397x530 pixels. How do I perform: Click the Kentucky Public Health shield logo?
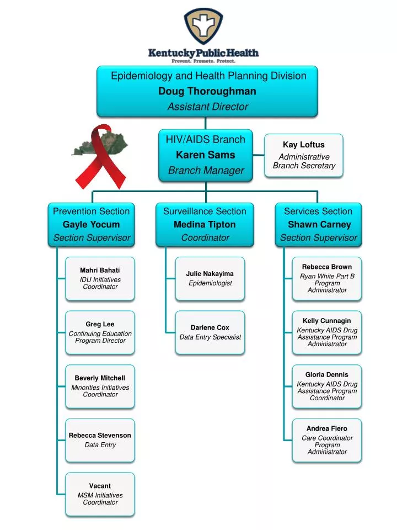(x=203, y=26)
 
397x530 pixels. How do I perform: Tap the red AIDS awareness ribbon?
(x=100, y=156)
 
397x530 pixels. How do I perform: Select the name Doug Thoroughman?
(x=207, y=91)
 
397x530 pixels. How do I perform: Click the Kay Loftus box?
(x=303, y=156)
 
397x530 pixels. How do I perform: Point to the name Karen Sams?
(x=206, y=155)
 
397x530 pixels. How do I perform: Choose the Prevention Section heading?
(x=91, y=211)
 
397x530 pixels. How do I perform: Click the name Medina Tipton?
(x=205, y=225)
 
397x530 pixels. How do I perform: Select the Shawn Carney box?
(x=318, y=225)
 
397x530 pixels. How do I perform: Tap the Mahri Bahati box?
(x=100, y=279)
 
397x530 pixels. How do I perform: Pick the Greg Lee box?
(x=100, y=332)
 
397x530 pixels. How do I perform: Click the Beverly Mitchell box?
(x=100, y=386)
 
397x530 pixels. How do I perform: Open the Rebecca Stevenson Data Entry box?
(x=100, y=441)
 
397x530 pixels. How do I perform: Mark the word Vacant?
(x=100, y=486)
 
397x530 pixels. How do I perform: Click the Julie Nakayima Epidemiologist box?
(x=210, y=279)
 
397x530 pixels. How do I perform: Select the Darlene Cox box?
(x=210, y=332)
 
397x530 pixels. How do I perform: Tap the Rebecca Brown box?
(x=327, y=279)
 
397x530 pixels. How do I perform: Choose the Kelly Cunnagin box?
(x=327, y=332)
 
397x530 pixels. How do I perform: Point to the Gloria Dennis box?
(x=327, y=386)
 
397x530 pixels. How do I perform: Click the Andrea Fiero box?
(x=327, y=441)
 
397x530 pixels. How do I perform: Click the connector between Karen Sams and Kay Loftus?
(x=259, y=155)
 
